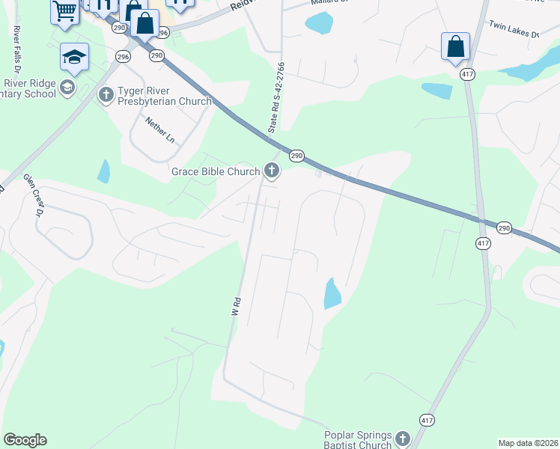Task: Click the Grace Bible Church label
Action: [x=216, y=171]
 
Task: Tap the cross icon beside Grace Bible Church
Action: [x=272, y=172]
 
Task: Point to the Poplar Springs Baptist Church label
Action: [x=358, y=439]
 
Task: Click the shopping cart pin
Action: [x=65, y=11]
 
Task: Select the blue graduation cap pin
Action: [x=75, y=57]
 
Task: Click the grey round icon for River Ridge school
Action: [x=67, y=88]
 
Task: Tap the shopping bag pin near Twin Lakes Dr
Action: [x=455, y=47]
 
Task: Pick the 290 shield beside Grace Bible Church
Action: [x=296, y=156]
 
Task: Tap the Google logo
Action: [x=25, y=440]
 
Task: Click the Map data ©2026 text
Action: [x=527, y=443]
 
